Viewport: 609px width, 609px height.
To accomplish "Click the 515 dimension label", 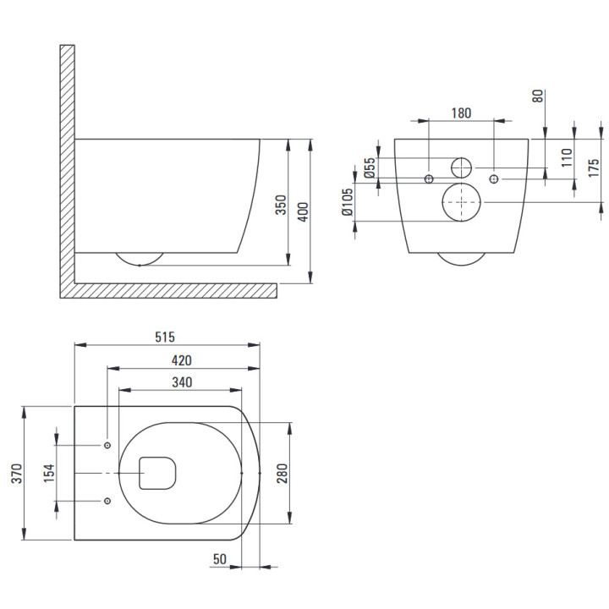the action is (165, 337).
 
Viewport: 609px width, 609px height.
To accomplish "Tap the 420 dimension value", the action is (182, 360).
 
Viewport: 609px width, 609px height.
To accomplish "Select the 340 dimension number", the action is (182, 382).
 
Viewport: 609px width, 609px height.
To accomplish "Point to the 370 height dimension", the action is (18, 473).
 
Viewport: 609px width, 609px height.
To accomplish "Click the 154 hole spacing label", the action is (49, 473).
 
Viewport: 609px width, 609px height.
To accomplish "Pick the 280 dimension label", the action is (283, 473).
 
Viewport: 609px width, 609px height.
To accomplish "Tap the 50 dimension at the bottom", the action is (219, 559).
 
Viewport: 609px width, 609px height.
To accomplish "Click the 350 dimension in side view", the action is (281, 205).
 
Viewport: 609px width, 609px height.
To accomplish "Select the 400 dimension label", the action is (304, 211).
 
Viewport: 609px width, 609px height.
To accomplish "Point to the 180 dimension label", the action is (461, 113).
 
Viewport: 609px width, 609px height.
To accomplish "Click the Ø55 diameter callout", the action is (370, 167).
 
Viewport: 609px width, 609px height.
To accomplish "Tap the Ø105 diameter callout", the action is (347, 202).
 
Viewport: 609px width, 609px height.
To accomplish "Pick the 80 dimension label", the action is (538, 96).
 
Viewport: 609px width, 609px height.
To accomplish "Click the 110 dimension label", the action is (567, 157).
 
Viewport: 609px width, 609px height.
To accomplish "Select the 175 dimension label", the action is (594, 167).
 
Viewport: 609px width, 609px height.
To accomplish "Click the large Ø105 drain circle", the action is (462, 202).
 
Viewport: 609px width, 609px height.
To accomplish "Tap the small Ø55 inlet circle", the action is (462, 167).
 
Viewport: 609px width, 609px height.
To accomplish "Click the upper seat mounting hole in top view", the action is (107, 445).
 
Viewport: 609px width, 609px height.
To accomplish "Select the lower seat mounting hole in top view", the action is (107, 501).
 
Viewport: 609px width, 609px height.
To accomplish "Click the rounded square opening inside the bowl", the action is (157, 473).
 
